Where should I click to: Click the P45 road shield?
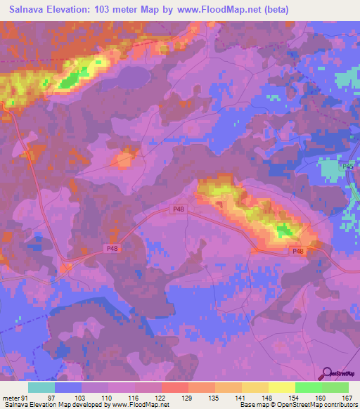[346, 167]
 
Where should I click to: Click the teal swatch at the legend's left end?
[41, 387]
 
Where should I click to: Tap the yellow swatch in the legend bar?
[281, 387]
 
